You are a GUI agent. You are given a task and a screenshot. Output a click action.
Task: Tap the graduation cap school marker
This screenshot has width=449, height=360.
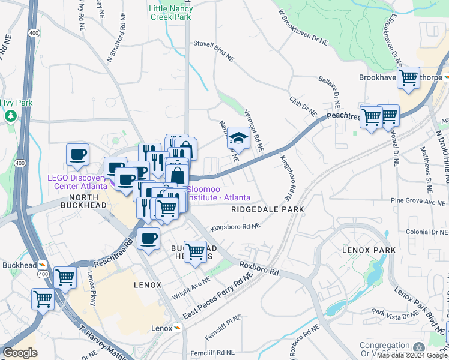[238, 138]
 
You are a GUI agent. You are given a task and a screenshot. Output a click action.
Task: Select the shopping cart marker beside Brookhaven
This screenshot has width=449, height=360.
[408, 77]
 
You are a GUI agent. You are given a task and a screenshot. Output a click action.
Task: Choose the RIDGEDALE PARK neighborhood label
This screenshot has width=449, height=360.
[268, 209]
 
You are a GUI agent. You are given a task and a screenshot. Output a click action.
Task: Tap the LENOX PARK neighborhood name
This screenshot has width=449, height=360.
[369, 250]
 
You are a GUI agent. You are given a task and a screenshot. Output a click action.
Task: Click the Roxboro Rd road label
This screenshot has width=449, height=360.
[259, 268]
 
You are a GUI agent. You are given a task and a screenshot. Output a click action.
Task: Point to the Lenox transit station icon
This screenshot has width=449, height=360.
[177, 328]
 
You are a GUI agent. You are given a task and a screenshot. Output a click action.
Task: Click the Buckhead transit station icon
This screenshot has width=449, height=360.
[43, 265]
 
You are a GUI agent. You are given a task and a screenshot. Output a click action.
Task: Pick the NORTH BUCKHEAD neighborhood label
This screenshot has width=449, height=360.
[87, 201]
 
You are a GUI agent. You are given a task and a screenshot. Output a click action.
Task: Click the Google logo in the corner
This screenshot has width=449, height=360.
[20, 352]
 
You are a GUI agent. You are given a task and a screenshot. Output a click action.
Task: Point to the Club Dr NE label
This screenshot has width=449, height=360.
[303, 106]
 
